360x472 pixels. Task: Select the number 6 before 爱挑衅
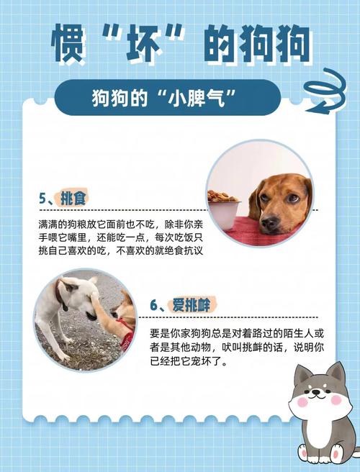(154, 305)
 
